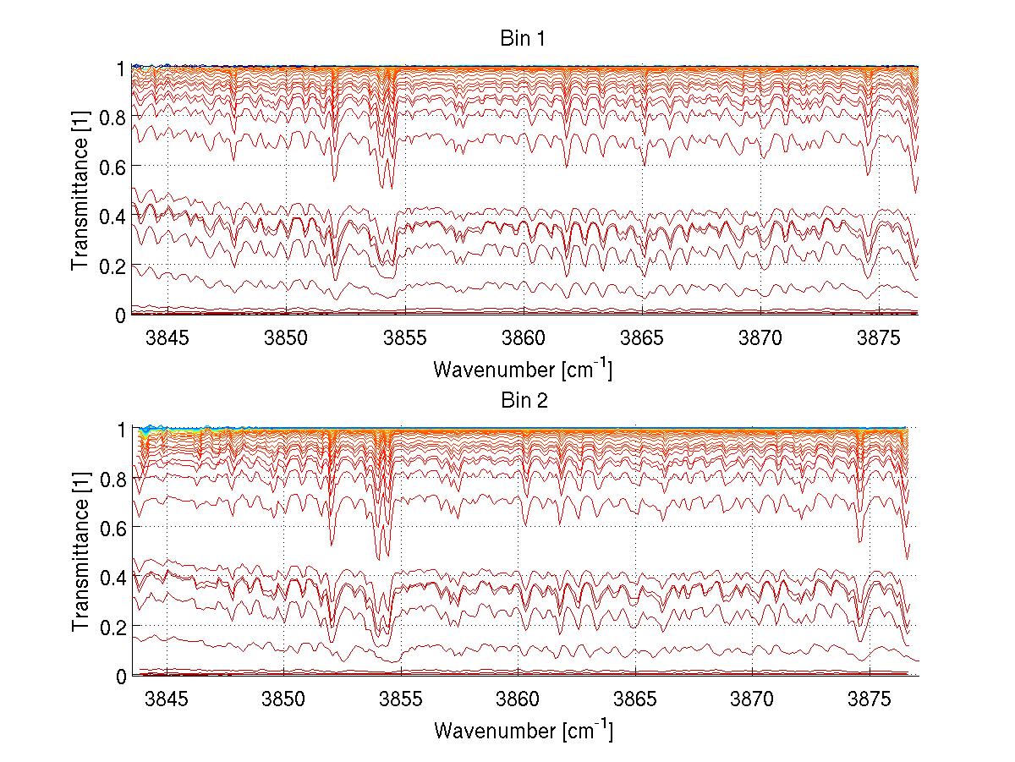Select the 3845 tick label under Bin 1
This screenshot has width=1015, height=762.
pos(167,339)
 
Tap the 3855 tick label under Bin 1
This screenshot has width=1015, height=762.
pos(405,339)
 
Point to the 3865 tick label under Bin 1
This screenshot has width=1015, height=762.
pos(643,339)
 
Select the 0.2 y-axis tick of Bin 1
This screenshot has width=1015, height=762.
pos(116,265)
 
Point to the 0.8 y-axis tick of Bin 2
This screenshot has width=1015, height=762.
pos(116,478)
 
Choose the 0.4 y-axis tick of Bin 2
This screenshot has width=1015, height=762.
pos(116,577)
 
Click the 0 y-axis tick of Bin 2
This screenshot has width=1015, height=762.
pos(123,676)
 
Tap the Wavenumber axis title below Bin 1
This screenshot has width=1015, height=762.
pos(522,370)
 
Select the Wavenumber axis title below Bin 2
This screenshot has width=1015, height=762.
pos(522,730)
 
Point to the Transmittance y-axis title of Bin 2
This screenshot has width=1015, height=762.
pos(80,552)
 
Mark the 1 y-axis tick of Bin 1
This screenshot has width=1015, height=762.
pos(123,67)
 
